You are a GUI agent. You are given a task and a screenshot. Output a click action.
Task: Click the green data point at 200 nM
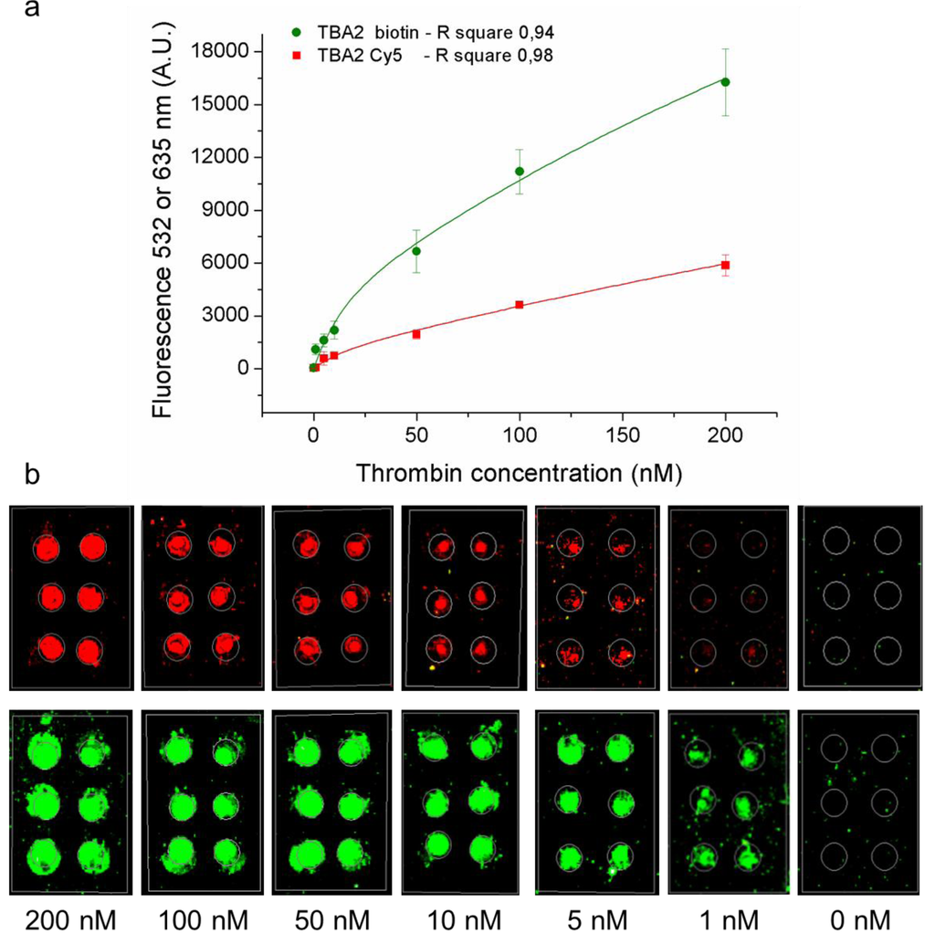[x=725, y=82]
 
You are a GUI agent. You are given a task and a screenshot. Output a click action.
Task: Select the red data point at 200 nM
[x=725, y=265]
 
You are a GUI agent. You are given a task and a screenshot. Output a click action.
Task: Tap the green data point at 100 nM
[x=520, y=171]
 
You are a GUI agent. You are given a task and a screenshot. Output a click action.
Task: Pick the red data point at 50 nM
[x=416, y=334]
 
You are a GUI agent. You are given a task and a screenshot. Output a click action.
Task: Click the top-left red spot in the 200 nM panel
[x=47, y=548]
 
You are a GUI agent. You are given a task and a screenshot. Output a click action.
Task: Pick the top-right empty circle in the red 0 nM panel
[x=886, y=540]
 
